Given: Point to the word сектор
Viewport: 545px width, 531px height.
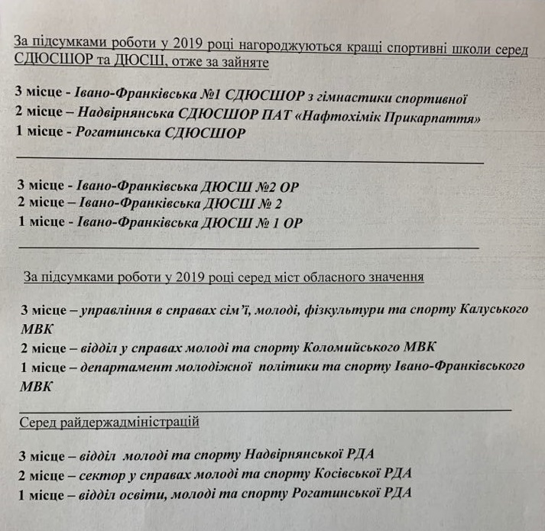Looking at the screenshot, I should click(x=102, y=474).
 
